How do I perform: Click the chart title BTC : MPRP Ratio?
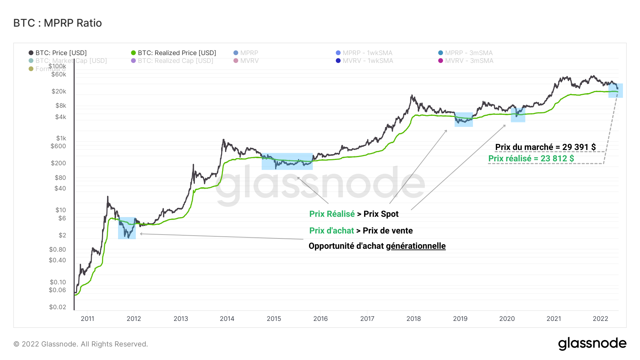58,23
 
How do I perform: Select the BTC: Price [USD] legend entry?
61,53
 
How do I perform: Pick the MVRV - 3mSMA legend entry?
469,61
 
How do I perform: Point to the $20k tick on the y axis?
59,91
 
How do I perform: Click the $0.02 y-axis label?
58,307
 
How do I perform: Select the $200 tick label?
58,163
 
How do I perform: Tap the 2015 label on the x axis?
274,318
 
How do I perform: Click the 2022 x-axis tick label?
600,318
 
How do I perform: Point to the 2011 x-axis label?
87,318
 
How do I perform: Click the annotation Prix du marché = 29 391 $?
545,147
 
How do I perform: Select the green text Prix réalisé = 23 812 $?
531,158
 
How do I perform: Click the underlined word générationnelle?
416,246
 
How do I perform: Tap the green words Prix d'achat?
331,231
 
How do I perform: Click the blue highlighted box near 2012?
127,228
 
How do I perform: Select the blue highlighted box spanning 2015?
287,161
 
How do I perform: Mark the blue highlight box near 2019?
464,119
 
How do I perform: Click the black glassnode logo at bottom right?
592,344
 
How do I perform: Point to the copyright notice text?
81,344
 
